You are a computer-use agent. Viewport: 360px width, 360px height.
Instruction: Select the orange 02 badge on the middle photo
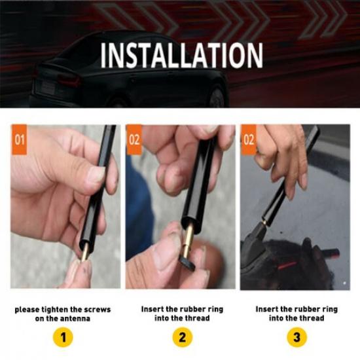[x=134, y=139]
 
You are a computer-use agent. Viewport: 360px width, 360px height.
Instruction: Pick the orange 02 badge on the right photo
[x=249, y=139]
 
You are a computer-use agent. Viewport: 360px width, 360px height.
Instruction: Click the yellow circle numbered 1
[x=63, y=338]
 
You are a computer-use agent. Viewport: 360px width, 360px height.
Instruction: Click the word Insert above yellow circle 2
[x=153, y=308]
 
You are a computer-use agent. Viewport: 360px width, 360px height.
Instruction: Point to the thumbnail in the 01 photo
[x=95, y=174]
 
